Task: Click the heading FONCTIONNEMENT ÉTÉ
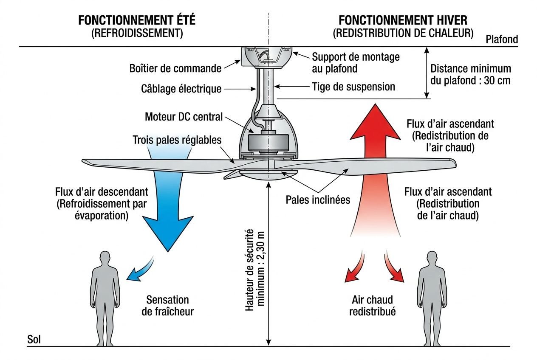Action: (x=137, y=20)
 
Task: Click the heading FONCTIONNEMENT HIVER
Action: (x=403, y=20)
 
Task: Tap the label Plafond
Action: (x=502, y=39)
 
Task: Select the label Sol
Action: (x=34, y=340)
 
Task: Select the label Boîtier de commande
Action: (x=175, y=68)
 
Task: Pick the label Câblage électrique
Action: (x=181, y=89)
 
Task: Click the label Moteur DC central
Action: (x=184, y=116)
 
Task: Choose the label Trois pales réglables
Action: (x=177, y=140)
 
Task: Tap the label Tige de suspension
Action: (x=353, y=87)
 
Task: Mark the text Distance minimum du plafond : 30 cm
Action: (x=470, y=74)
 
